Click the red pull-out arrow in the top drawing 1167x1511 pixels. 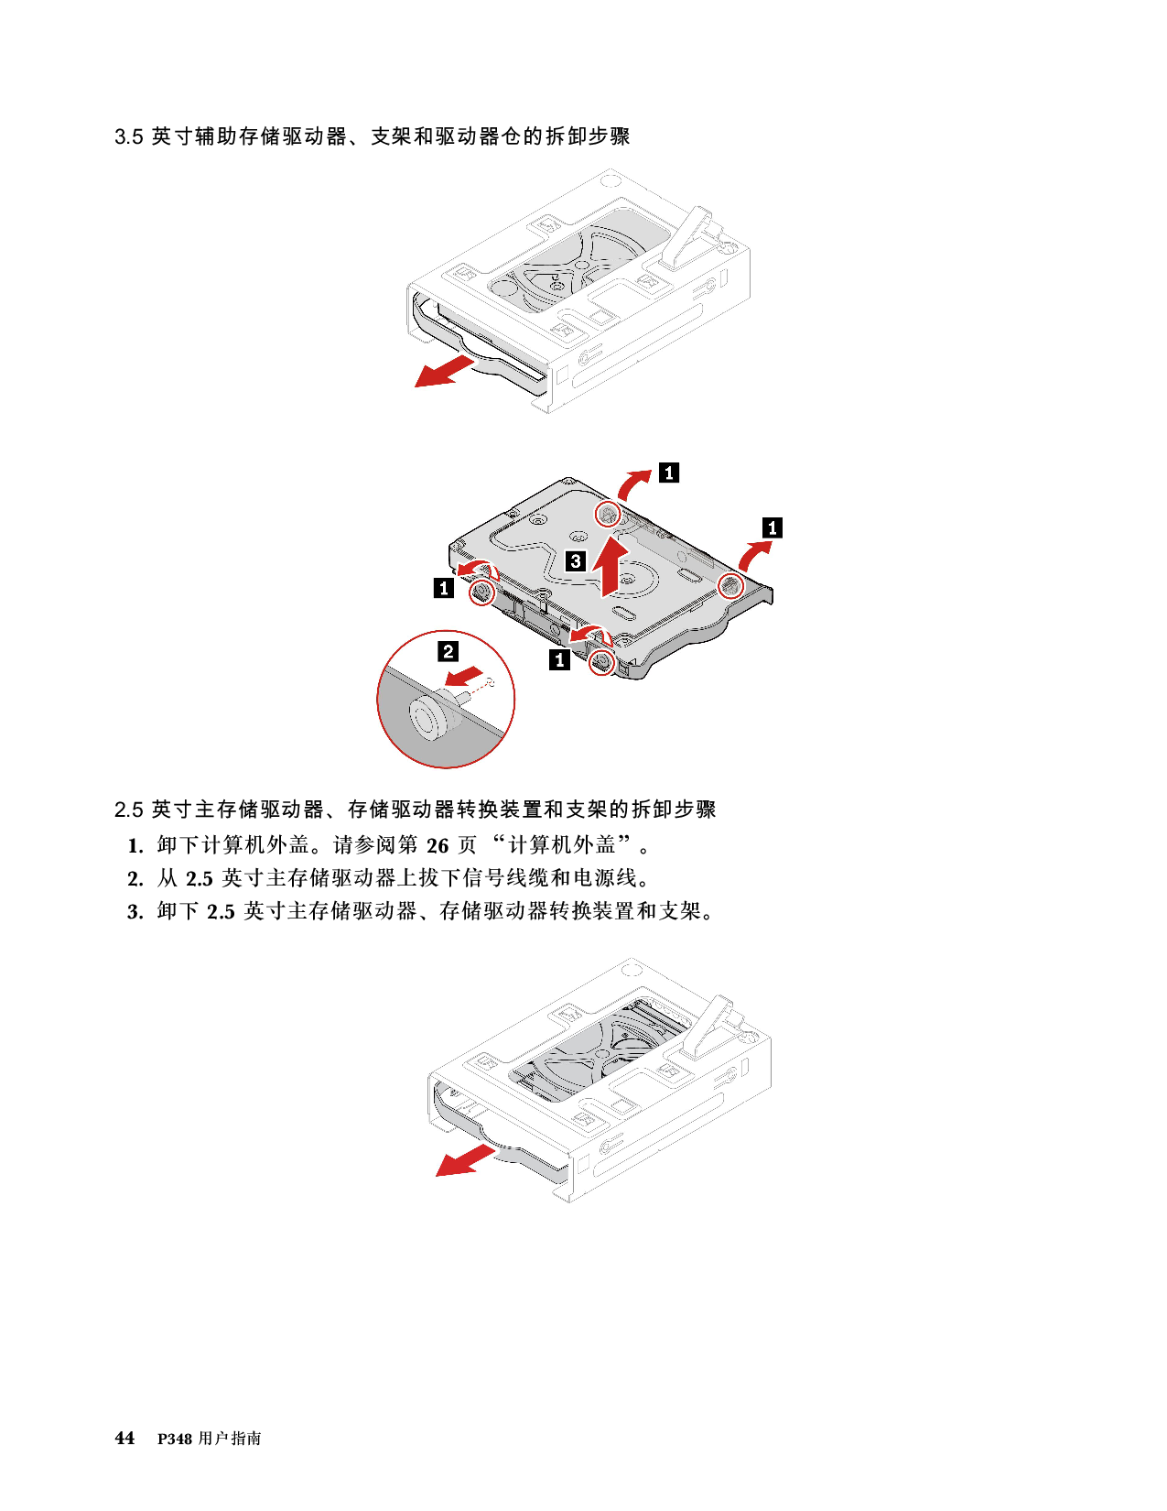(x=445, y=372)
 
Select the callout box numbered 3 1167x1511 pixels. (x=576, y=561)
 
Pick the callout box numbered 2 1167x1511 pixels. (x=448, y=651)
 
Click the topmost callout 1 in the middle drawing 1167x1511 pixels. (x=670, y=473)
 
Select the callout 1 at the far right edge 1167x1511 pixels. (x=773, y=527)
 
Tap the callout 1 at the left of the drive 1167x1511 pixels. (x=444, y=588)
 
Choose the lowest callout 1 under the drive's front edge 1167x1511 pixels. (x=559, y=658)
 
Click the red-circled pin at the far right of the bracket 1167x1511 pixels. (x=730, y=586)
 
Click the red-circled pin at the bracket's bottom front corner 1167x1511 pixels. (x=601, y=661)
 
